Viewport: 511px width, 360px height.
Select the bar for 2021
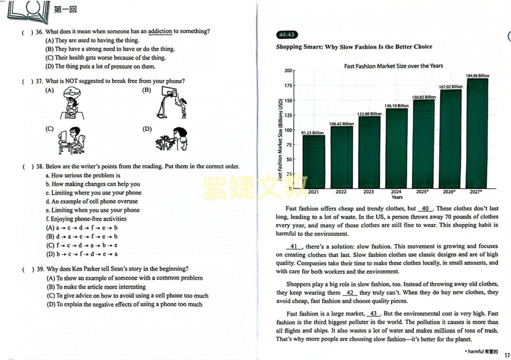click(x=313, y=161)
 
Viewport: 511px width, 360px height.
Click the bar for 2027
click(x=478, y=133)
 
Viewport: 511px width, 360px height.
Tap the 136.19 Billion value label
click(x=396, y=106)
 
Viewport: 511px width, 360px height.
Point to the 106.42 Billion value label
click(x=341, y=124)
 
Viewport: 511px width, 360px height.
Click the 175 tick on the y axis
click(x=288, y=85)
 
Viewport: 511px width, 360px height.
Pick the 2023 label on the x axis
click(x=369, y=192)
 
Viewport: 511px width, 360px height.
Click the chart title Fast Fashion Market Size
click(x=393, y=66)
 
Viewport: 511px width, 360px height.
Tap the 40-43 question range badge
click(x=287, y=34)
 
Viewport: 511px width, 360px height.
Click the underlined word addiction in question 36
click(x=160, y=31)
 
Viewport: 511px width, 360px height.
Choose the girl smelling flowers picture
click(x=172, y=139)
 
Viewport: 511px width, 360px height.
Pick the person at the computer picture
click(x=72, y=140)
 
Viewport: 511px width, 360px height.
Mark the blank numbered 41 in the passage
click(x=294, y=247)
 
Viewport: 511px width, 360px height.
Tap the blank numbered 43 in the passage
click(x=373, y=314)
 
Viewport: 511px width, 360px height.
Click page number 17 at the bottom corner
click(x=507, y=355)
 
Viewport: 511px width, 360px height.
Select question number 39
click(x=40, y=269)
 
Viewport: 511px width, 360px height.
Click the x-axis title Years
click(x=397, y=197)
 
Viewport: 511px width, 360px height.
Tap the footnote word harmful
click(x=476, y=352)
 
